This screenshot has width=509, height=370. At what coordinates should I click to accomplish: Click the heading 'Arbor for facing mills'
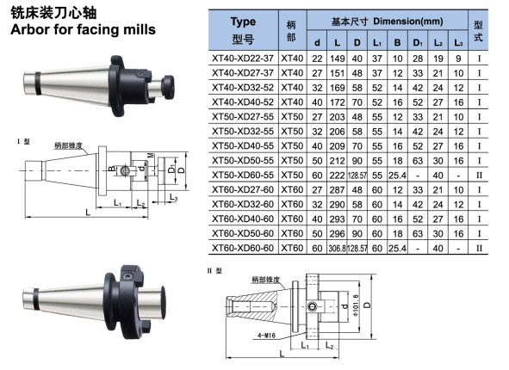click(x=83, y=29)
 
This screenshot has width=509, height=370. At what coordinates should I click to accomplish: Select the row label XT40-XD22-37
click(x=243, y=59)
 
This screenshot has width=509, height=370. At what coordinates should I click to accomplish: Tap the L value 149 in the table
click(x=338, y=59)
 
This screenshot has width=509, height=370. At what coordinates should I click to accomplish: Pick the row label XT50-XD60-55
click(x=243, y=176)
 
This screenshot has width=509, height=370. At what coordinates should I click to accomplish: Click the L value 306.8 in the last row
click(x=338, y=248)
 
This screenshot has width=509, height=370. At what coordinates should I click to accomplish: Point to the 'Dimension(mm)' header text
click(x=408, y=22)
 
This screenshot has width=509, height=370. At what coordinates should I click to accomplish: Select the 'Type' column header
click(x=243, y=22)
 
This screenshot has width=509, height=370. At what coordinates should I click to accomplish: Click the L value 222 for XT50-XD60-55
click(x=338, y=176)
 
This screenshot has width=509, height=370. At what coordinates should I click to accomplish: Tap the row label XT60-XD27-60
click(x=243, y=189)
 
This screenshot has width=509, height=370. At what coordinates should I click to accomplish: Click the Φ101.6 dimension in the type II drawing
click(x=356, y=305)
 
